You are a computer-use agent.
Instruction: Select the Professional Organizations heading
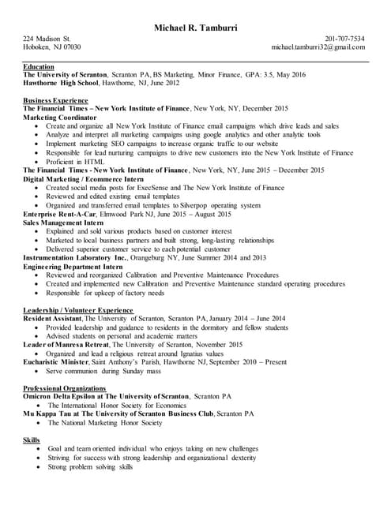pyautogui.click(x=64, y=388)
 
